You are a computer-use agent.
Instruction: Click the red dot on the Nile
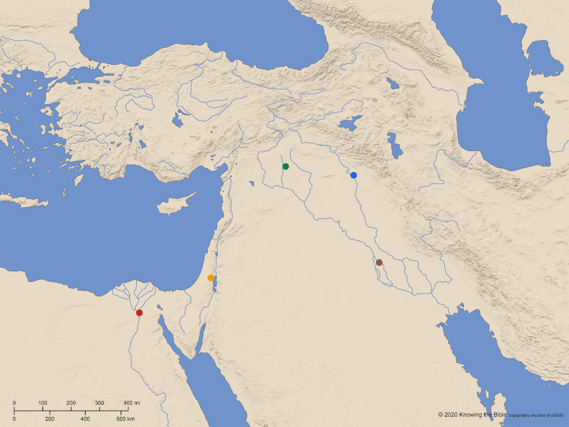[x=139, y=312]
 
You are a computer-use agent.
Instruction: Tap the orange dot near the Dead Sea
[x=210, y=278]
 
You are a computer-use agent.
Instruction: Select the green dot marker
[x=286, y=166]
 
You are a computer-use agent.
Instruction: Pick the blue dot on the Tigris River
[x=353, y=175]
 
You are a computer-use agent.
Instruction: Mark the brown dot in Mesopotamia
[x=379, y=262]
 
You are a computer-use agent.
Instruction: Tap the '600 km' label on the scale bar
[x=126, y=419]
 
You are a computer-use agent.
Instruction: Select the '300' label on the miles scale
[x=99, y=403]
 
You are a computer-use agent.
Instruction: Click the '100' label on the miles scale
[x=42, y=403]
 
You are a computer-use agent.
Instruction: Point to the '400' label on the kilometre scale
[x=86, y=419]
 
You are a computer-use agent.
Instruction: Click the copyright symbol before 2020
[x=440, y=414]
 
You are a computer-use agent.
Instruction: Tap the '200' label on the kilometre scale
[x=50, y=419]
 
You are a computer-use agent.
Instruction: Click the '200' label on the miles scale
[x=71, y=403]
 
